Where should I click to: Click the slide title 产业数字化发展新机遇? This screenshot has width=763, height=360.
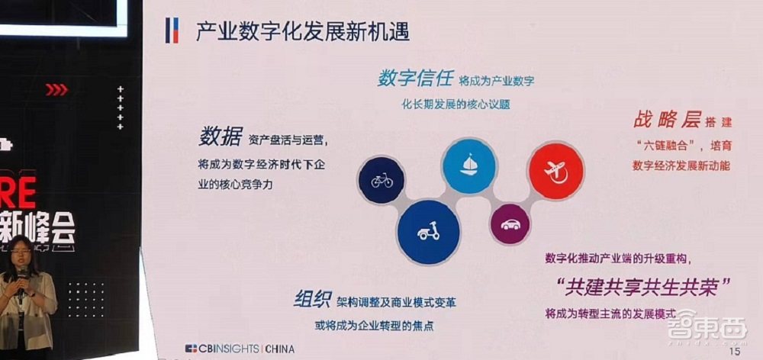[302, 32]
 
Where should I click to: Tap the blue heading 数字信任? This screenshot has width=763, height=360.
[415, 79]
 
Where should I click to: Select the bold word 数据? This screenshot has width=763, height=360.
[220, 137]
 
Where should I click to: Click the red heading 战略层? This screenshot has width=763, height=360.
[666, 121]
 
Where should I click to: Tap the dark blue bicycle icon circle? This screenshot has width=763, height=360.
[381, 181]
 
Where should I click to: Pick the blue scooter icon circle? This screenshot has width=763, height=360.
[428, 230]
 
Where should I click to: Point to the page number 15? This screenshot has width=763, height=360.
[736, 352]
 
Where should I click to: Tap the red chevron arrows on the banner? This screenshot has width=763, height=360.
[56, 90]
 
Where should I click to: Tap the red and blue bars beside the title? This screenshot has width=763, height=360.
[172, 32]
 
